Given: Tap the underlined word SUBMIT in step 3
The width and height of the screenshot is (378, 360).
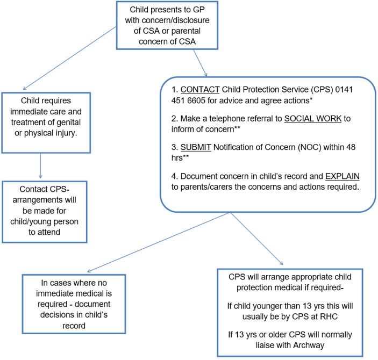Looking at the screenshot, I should pyautogui.click(x=196, y=147).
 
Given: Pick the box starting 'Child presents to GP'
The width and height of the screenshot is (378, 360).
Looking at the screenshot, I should pyautogui.click(x=167, y=25).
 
